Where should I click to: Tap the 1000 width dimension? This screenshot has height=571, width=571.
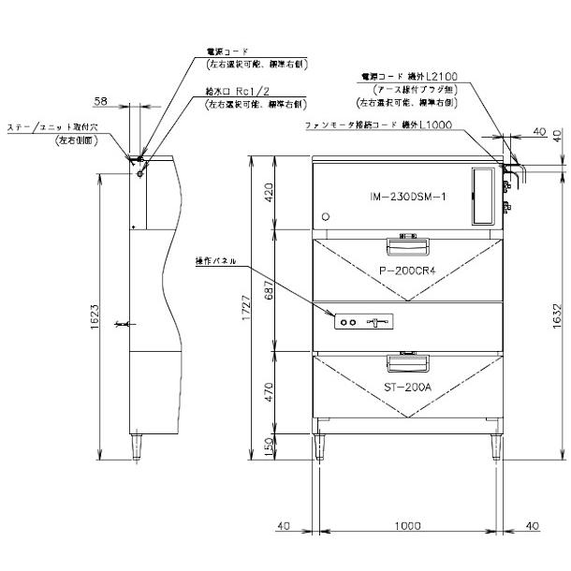pos(407,527)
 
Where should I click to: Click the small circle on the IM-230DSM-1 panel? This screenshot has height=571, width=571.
pos(326,216)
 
